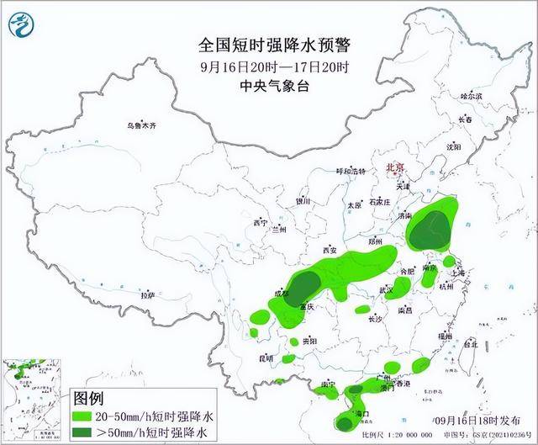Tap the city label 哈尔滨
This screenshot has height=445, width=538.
coord(472,97)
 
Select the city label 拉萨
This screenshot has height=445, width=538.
coord(148,297)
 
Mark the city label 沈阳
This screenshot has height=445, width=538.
coord(455,146)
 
